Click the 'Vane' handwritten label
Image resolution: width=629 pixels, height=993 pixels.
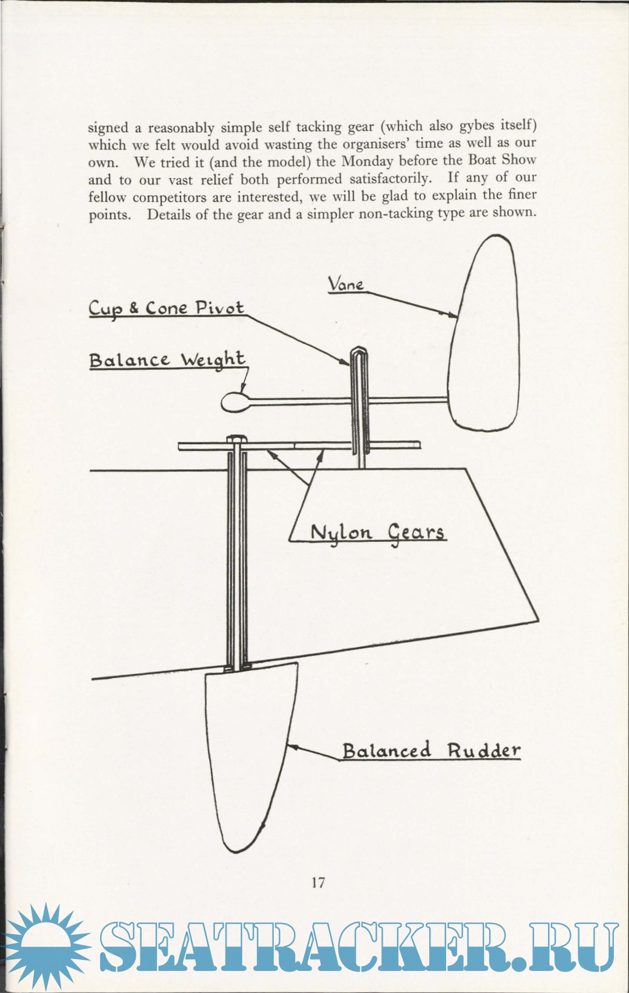pos(346,284)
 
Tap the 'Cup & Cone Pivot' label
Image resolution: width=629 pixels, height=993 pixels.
pos(166,308)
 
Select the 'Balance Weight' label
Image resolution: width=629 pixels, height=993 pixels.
pos(167,360)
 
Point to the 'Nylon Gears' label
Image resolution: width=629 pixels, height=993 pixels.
pos(377,532)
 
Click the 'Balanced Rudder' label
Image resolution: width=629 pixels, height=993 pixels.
pos(431,751)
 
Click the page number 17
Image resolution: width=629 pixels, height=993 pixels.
pos(318,882)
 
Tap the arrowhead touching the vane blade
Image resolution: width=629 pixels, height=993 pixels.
pos(454,315)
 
